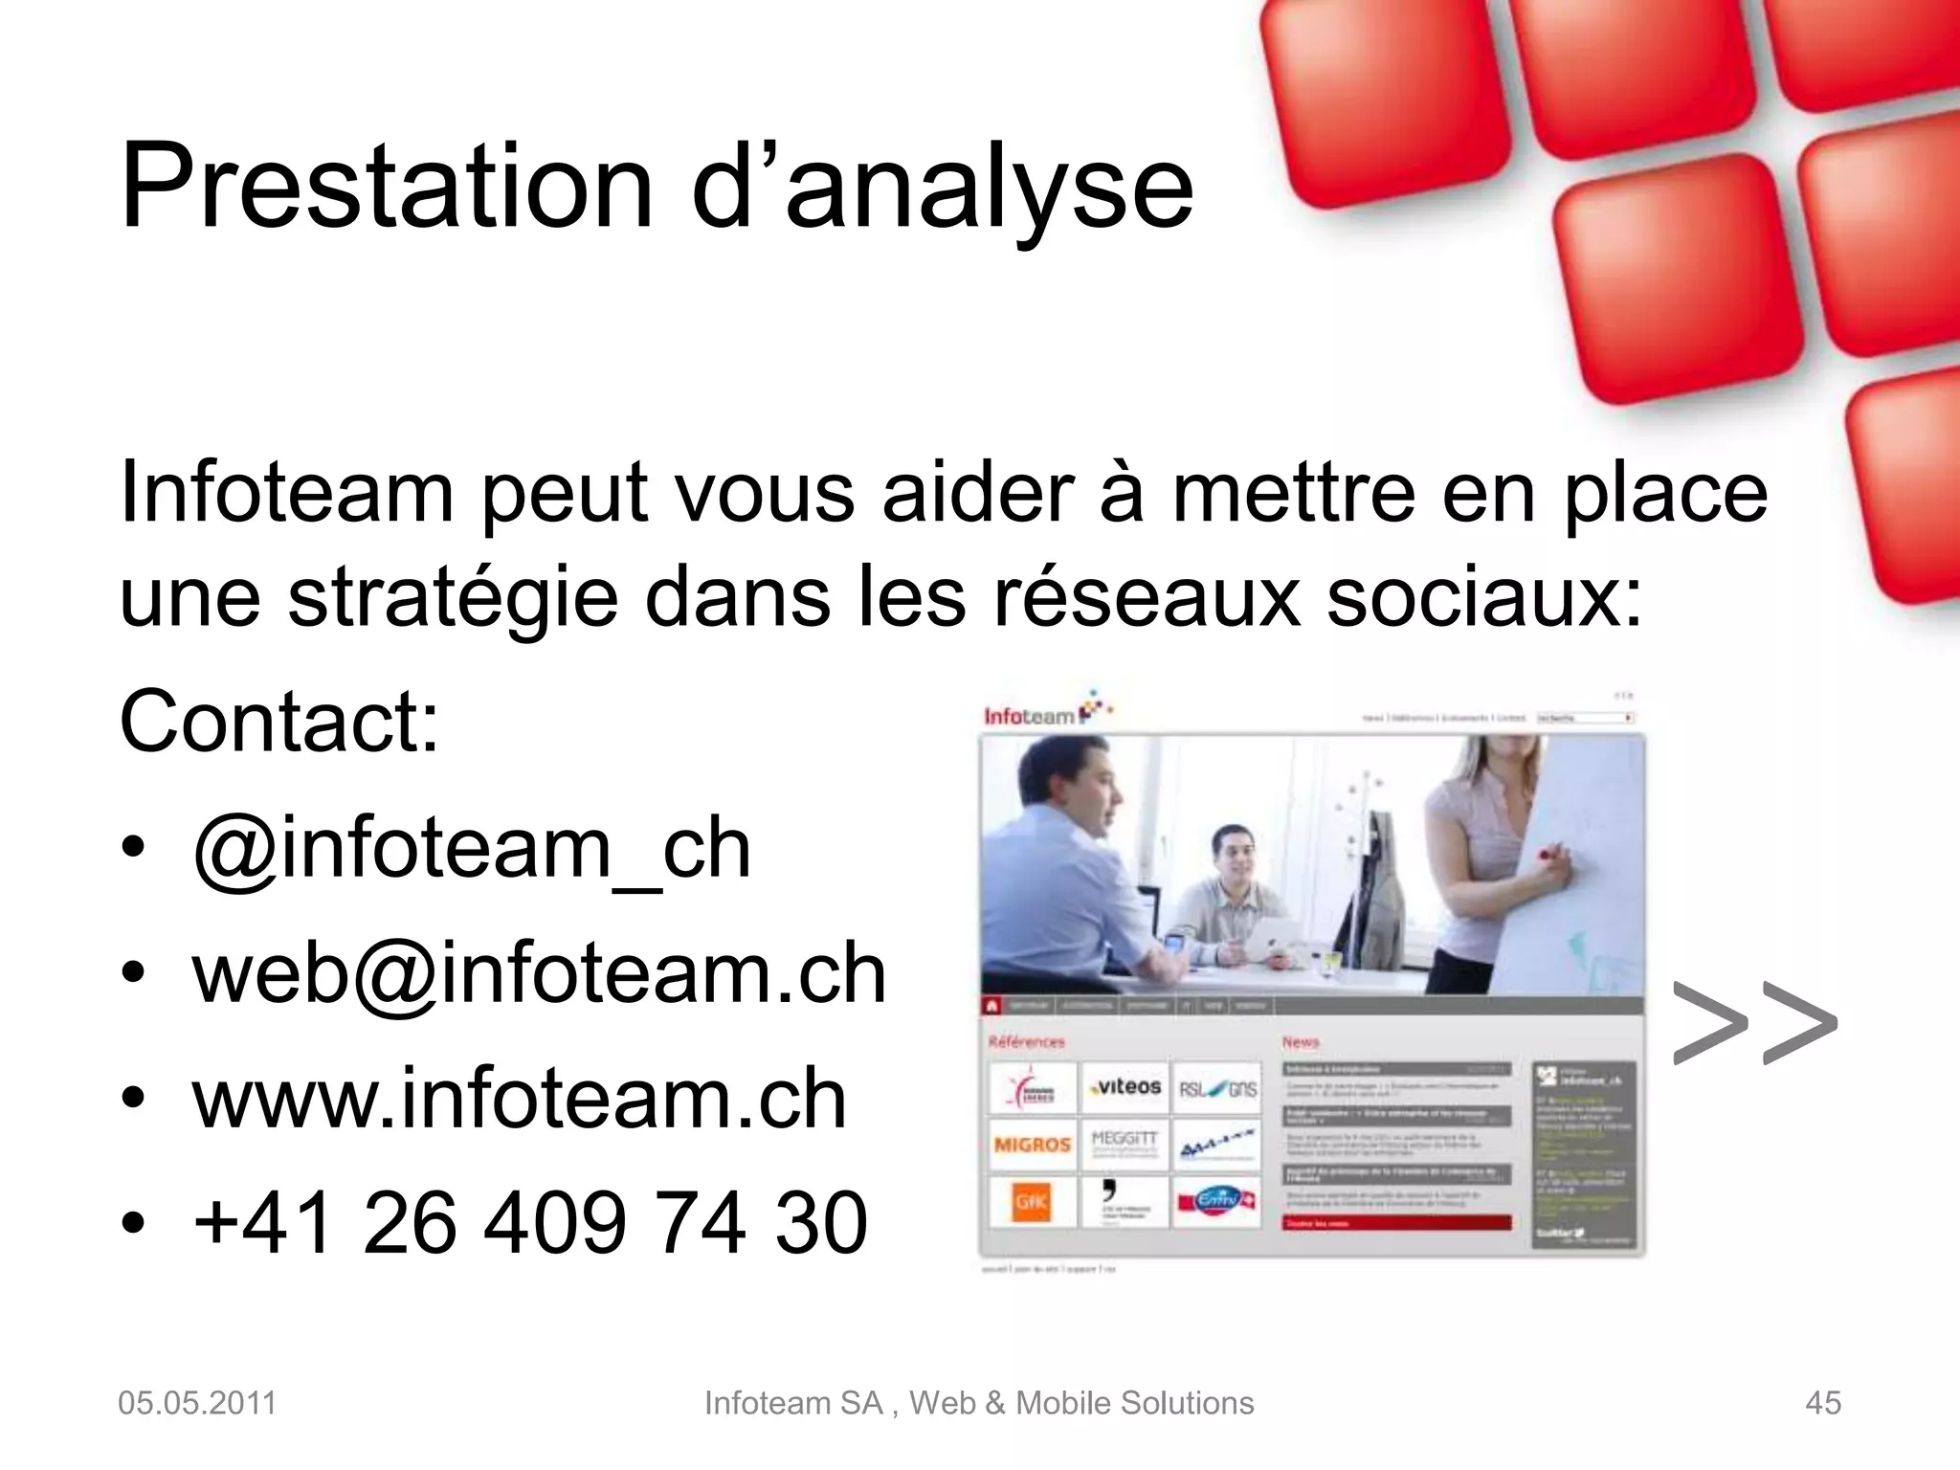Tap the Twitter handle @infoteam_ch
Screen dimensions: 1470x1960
471,850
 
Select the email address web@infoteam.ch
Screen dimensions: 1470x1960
539,974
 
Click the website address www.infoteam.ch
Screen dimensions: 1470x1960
519,1100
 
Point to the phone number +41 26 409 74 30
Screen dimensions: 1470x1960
529,1223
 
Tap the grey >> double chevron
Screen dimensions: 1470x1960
1753,1023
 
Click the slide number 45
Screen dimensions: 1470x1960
1822,1403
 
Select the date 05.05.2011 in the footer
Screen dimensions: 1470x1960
197,1403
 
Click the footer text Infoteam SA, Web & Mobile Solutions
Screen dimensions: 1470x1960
978,1403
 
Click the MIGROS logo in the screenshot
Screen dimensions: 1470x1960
1032,1145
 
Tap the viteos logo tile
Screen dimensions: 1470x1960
1125,1087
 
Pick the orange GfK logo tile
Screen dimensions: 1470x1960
1032,1202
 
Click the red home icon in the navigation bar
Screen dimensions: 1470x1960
992,1006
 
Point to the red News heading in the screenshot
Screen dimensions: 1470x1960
1301,1041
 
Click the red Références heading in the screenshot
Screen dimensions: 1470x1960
1026,1041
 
